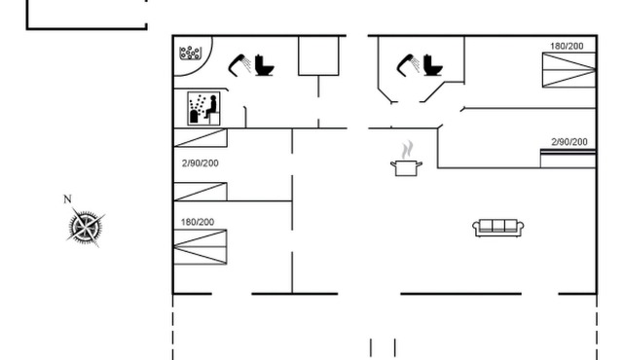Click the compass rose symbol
point(87,228)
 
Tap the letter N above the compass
point(67,199)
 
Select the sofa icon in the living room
point(498,227)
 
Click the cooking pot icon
point(406,167)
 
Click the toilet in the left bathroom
point(264,65)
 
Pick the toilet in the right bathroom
point(433,65)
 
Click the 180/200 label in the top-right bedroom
point(568,46)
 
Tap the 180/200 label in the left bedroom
point(199,222)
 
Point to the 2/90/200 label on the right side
point(569,142)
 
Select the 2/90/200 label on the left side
point(201,163)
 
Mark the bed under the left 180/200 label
point(200,247)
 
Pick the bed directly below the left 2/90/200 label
point(200,191)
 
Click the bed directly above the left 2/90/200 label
point(200,138)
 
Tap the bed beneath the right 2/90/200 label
point(569,158)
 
